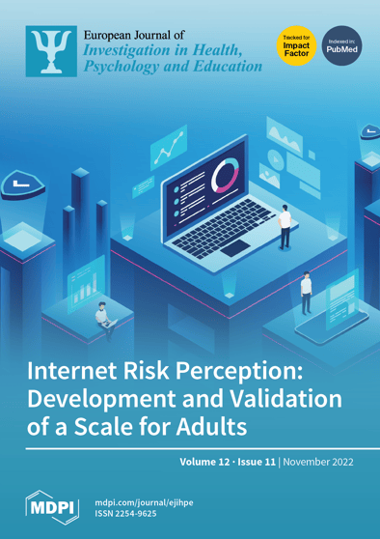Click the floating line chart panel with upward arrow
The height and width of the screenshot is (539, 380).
click(x=170, y=150)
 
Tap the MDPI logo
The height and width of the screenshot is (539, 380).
click(x=49, y=505)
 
